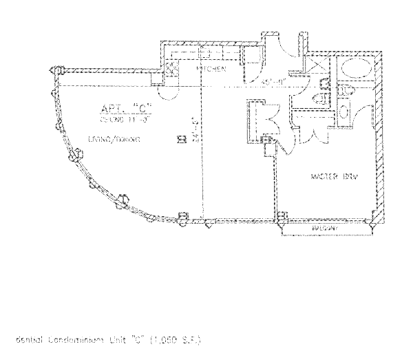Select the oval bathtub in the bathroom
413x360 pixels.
point(357,69)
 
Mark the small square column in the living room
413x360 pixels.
point(181,139)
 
